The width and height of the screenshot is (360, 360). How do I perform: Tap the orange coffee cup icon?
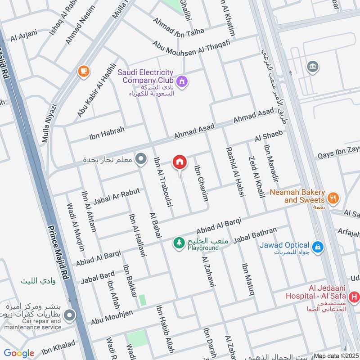[83, 71]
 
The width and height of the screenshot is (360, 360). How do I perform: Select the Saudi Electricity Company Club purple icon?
[182, 81]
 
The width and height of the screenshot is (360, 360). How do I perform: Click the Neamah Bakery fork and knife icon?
[333, 197]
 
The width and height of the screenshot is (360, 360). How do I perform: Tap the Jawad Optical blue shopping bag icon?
[318, 246]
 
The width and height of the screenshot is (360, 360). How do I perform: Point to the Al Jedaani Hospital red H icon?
[354, 297]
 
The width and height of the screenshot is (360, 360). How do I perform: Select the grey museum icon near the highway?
[312, 67]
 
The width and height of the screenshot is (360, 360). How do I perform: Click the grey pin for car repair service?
[69, 316]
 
